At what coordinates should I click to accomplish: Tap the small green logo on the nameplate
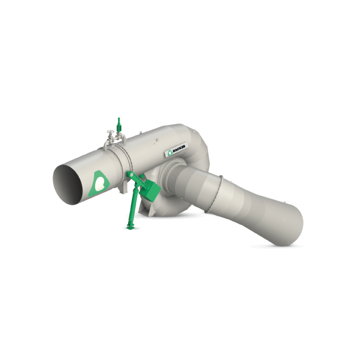(x=170, y=152)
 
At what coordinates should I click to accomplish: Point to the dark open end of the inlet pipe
(x=68, y=184)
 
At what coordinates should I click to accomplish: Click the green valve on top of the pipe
(x=119, y=125)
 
